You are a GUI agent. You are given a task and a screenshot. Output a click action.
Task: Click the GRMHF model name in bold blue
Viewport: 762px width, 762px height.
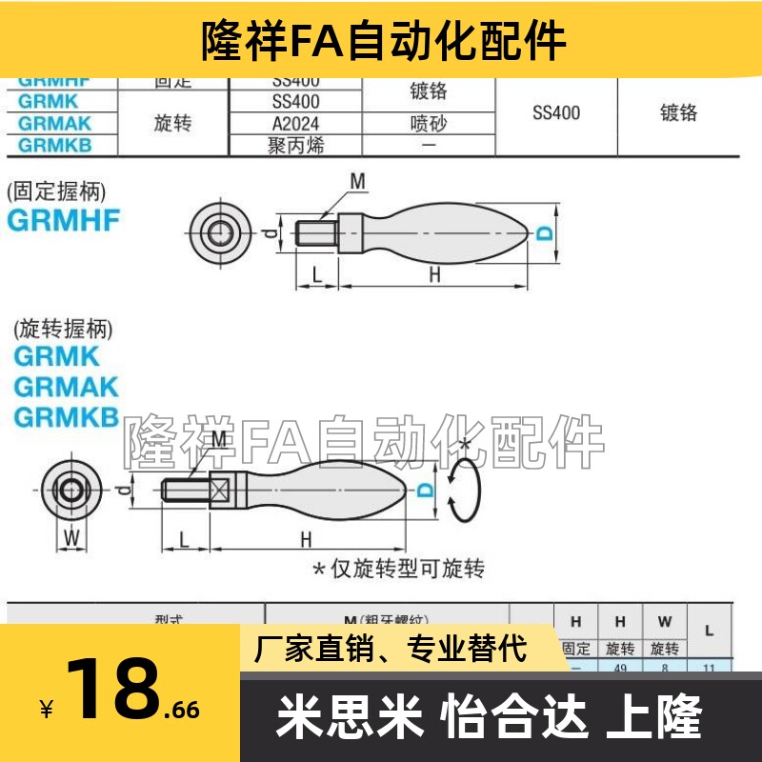point(64,220)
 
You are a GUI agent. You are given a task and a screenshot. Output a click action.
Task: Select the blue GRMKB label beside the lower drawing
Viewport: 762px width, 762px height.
point(66,416)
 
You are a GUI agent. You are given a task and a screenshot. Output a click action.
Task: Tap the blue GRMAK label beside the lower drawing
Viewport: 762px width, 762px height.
point(66,387)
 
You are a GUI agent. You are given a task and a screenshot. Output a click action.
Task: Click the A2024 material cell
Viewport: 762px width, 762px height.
point(295,124)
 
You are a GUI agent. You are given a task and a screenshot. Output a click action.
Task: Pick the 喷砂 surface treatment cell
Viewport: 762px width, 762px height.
point(429,124)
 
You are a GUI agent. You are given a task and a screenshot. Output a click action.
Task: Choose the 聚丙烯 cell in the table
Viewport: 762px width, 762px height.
point(295,146)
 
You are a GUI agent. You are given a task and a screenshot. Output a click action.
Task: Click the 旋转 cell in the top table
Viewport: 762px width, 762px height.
point(172,124)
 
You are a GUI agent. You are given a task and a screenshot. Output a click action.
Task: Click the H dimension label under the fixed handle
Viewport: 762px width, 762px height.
point(434,274)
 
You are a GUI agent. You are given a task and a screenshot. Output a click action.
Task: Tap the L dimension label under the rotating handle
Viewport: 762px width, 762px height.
point(185,539)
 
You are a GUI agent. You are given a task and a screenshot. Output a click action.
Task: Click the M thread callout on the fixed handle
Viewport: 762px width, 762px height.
point(356,181)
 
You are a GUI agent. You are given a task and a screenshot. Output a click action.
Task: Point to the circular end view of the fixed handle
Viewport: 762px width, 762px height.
point(218,231)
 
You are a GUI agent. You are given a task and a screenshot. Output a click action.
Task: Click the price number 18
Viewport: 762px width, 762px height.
point(112,689)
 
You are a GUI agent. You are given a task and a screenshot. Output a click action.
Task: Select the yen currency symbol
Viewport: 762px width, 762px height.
point(46,710)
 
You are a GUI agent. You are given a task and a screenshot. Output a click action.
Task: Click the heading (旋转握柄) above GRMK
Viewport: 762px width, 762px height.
point(63,330)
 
